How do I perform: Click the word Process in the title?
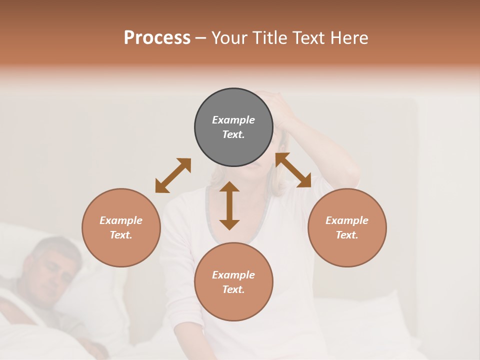pos(157,38)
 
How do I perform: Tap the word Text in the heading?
pos(310,38)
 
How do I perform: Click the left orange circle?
pos(121,227)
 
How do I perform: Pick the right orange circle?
pos(347,227)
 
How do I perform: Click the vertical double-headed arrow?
pos(229,205)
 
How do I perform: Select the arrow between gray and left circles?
pos(173,175)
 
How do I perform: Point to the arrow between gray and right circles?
pos(293,170)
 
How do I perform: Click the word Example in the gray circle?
pos(233,120)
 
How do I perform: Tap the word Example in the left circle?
pos(121,220)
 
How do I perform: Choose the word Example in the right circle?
pos(347,220)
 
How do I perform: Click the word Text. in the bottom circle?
pos(233,289)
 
